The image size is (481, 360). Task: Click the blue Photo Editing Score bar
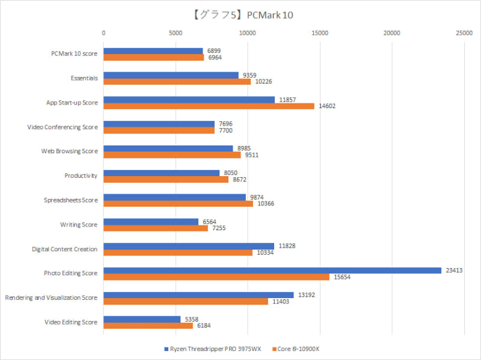(x=272, y=270)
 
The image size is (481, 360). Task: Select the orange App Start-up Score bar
(x=209, y=106)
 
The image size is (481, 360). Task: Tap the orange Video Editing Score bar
(x=148, y=326)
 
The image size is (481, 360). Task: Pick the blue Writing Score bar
(x=151, y=222)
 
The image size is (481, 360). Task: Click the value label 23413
(x=453, y=270)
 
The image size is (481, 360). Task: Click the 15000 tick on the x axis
(x=319, y=33)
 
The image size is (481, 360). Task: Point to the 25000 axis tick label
(x=463, y=33)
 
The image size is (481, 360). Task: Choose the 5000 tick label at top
(x=176, y=33)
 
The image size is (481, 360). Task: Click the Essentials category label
(x=84, y=78)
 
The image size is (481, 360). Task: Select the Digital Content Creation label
(x=64, y=248)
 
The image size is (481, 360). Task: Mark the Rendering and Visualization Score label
(x=51, y=297)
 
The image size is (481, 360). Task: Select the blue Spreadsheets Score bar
(x=174, y=197)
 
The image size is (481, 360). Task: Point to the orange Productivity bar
(x=166, y=179)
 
